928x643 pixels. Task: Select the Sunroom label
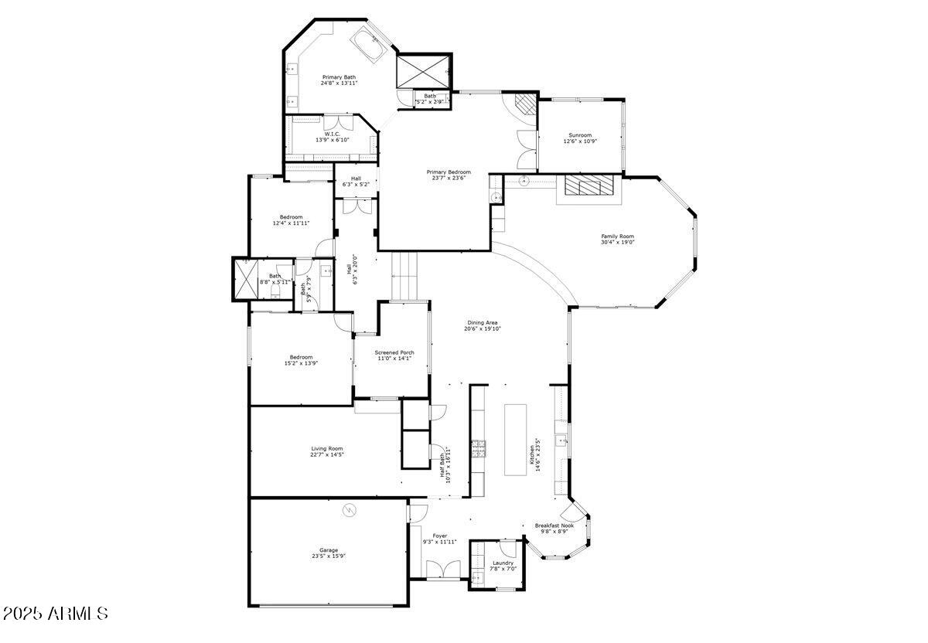(580, 134)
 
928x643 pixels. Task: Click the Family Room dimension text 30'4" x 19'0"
(617, 243)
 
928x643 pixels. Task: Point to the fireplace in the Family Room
(586, 185)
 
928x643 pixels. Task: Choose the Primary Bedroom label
(449, 172)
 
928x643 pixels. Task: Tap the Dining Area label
(483, 322)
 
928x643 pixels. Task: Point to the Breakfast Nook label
(554, 526)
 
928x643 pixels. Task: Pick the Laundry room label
(503, 563)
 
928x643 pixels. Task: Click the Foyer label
(440, 536)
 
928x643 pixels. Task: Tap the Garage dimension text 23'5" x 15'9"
(329, 556)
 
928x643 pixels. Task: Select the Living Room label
(327, 448)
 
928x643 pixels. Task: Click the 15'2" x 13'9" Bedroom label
(301, 357)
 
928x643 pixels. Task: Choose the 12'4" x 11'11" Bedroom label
(291, 217)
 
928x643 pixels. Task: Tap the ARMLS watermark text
(56, 614)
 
